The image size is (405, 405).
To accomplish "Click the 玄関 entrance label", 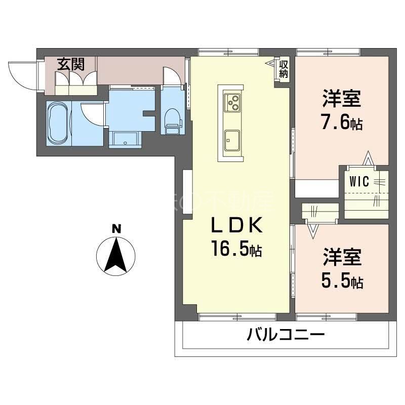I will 70,64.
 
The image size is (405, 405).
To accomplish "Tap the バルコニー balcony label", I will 286,335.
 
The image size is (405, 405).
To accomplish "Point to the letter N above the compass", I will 116,229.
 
